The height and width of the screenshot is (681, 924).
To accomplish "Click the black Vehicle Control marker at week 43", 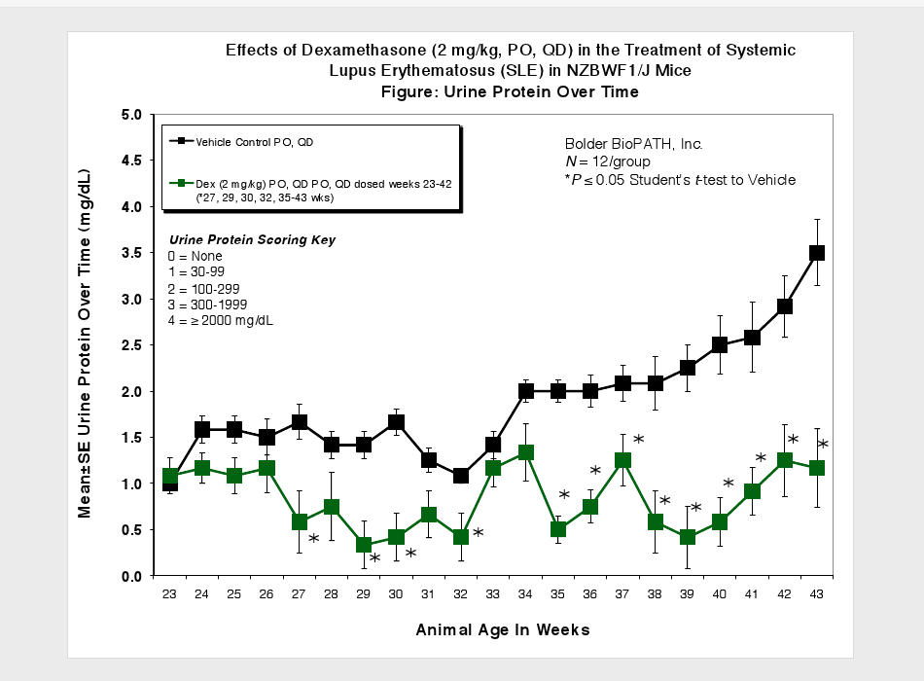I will point(817,253).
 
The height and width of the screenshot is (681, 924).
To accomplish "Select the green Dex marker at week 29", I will point(364,545).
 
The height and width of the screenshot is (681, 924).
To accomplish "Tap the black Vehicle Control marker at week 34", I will point(525,391).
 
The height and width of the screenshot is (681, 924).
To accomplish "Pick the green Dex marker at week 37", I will point(622,460).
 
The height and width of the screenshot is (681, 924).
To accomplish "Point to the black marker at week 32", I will point(461,476).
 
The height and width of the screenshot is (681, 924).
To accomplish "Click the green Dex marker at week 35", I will point(558,529).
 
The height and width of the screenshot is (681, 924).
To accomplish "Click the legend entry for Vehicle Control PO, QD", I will point(255,141).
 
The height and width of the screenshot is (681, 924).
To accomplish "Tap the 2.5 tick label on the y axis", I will point(132,345).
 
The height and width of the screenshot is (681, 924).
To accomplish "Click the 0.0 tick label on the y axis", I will point(132,576).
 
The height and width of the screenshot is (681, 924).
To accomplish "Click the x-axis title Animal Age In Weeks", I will point(502,630).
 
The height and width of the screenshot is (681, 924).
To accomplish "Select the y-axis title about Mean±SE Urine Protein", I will point(86,345).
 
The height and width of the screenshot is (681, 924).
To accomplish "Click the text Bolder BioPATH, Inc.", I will point(633,144).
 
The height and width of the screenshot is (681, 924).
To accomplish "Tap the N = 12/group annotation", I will point(608,161).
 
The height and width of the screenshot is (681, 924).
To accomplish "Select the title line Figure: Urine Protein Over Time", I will point(511,91).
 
